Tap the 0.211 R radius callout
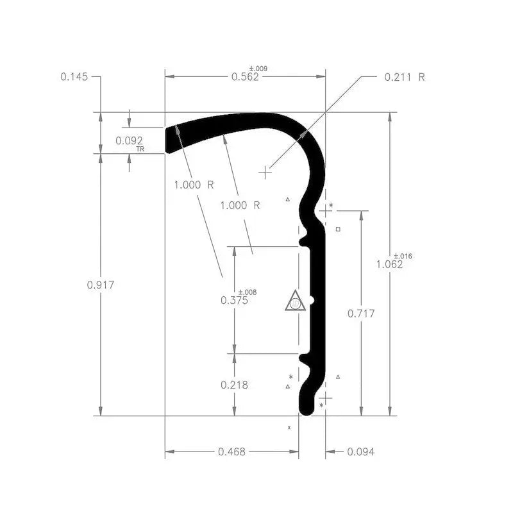404,77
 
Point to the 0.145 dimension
74,76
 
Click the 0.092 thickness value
128,140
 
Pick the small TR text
140,149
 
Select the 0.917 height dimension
100,285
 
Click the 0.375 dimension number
233,300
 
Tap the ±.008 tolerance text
247,292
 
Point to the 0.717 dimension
360,314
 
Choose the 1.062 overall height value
389,264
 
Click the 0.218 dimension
234,385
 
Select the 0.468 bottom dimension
231,452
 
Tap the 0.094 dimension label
360,452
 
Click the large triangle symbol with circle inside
295,301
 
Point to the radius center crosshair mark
265,172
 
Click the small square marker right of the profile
339,229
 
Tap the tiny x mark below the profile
289,426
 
